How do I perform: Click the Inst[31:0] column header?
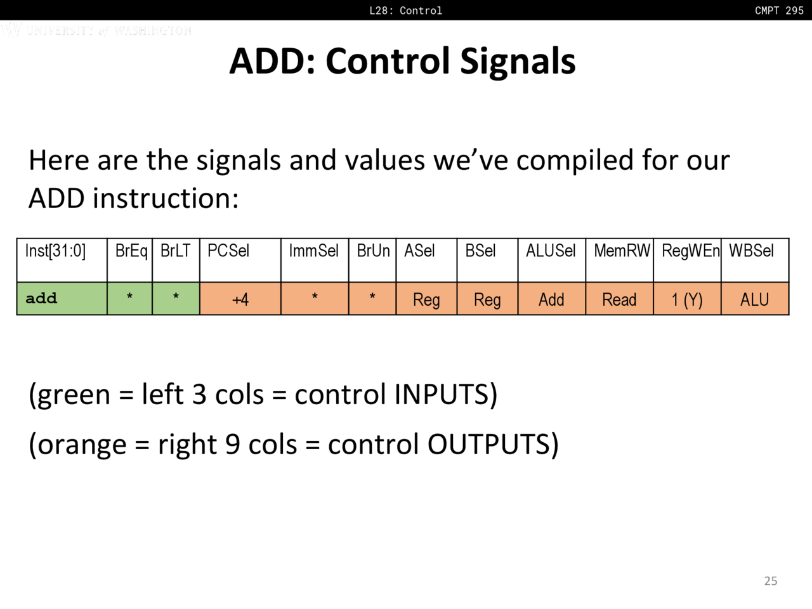point(55,251)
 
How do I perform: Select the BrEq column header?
point(131,251)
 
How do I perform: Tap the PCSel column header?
point(228,251)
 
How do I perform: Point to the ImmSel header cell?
point(314,251)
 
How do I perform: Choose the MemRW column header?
point(622,251)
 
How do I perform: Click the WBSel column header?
point(751,251)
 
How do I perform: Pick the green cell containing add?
point(62,298)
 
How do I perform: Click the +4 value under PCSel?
point(240,299)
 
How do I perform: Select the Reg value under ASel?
point(426,300)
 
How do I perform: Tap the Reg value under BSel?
point(487,300)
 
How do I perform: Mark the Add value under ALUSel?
point(551,299)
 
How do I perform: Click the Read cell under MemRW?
point(619,299)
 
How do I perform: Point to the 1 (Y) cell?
point(687,299)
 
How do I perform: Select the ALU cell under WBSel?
point(755,299)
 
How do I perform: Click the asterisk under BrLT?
point(176,296)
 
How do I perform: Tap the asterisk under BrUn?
point(372,296)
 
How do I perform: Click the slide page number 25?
point(771,581)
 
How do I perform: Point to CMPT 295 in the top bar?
point(779,10)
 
